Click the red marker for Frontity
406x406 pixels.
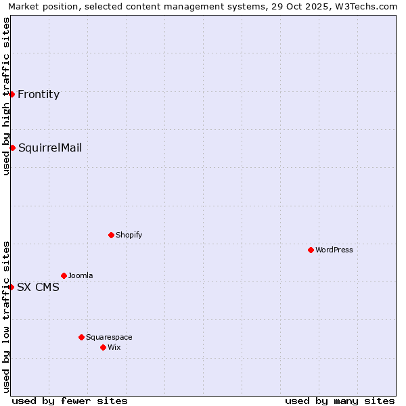(x=12, y=94)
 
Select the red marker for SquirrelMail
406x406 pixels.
(x=12, y=148)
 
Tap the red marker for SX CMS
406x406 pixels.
(x=12, y=287)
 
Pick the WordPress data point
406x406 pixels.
(x=311, y=250)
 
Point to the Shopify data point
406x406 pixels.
(x=111, y=235)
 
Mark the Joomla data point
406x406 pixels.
(x=64, y=275)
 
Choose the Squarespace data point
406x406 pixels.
(x=81, y=337)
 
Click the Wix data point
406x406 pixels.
(x=103, y=347)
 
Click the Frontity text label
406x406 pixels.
(x=39, y=95)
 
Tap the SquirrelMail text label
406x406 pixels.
(x=50, y=148)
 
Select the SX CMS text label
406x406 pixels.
(x=38, y=288)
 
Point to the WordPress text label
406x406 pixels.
(x=334, y=250)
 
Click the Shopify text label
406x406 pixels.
(x=129, y=235)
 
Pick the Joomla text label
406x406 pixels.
(x=81, y=276)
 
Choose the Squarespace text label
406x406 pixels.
(x=109, y=338)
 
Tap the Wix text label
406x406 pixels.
(x=114, y=348)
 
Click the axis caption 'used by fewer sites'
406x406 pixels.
(x=70, y=401)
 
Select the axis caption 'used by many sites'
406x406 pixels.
(x=340, y=401)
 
